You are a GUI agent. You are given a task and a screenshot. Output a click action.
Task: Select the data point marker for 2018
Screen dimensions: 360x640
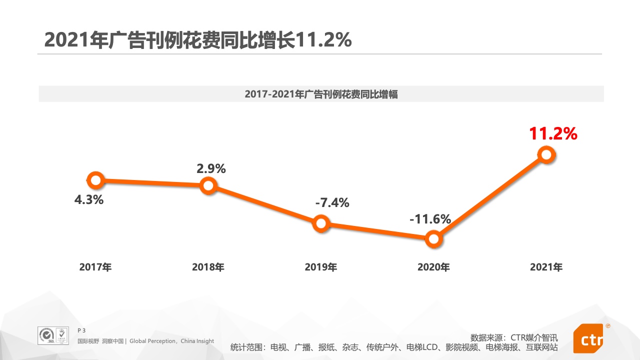pos(208,186)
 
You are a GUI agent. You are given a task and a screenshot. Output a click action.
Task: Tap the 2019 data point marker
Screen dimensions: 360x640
pos(321,223)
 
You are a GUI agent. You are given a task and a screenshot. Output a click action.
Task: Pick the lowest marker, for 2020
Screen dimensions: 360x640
pos(433,239)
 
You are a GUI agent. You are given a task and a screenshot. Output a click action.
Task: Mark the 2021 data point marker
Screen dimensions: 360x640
pos(546,155)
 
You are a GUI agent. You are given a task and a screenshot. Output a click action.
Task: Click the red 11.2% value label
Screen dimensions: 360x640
pos(553,134)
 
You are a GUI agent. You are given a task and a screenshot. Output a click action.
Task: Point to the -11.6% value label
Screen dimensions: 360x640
pos(430,219)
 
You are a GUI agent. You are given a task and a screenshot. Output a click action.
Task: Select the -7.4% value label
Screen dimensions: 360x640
pos(332,202)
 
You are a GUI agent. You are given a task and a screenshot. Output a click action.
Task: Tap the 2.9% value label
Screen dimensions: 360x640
pos(211,168)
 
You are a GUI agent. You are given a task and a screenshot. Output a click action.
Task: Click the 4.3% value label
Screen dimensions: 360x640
pos(89,200)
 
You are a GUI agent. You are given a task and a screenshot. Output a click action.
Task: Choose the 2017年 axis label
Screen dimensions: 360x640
pos(95,267)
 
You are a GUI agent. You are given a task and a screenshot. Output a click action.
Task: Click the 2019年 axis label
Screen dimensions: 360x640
pos(320,267)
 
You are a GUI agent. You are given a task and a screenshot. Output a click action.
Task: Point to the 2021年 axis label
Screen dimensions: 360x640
pos(546,267)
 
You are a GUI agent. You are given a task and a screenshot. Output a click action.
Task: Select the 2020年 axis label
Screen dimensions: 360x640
pos(433,267)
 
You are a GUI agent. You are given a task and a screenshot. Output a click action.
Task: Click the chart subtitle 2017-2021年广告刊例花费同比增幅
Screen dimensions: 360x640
pos(321,94)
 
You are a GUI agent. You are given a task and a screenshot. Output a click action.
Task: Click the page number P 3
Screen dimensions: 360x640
pos(81,330)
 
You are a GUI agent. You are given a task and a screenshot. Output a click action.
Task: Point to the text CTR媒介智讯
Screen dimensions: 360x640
pos(534,337)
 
